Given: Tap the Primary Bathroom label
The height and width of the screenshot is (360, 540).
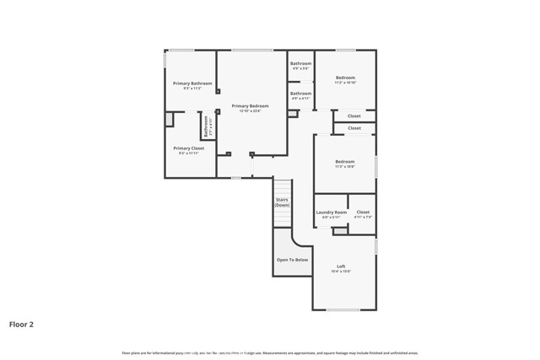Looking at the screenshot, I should pos(192,83).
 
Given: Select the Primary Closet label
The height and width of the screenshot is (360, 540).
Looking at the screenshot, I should pos(189,148).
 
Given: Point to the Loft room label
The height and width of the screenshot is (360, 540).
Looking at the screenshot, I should pos(341,266).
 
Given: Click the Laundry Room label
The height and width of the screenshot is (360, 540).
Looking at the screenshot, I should pos(331,212).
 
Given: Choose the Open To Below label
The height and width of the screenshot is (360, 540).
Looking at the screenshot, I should pos(292,260).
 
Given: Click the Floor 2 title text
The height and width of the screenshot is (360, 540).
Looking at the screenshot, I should pos(21,323).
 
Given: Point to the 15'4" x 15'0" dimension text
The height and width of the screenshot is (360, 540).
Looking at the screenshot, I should pos(341,272).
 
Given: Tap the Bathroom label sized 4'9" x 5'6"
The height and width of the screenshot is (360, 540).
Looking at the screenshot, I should pos(301,63).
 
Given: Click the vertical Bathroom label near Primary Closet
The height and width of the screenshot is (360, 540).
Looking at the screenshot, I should pos(205,126).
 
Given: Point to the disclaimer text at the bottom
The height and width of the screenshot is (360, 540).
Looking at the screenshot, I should pos(270,352).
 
